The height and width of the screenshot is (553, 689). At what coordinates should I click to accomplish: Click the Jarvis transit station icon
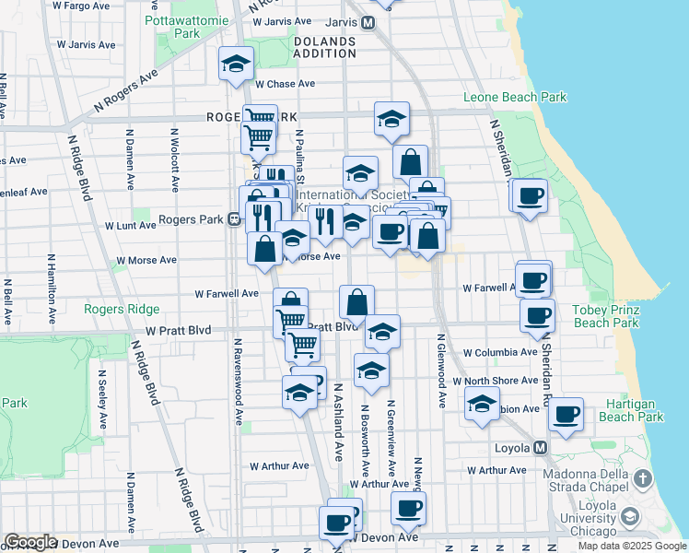pyautogui.click(x=368, y=22)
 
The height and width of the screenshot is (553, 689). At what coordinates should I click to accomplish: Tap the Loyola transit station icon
pyautogui.click(x=541, y=448)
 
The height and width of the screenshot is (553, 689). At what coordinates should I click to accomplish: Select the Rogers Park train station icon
pyautogui.click(x=235, y=220)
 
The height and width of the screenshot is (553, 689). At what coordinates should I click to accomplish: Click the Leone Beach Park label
pyautogui.click(x=514, y=97)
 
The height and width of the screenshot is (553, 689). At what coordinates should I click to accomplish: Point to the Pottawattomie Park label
pyautogui.click(x=187, y=25)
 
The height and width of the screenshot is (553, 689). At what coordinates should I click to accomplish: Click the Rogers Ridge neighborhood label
pyautogui.click(x=122, y=309)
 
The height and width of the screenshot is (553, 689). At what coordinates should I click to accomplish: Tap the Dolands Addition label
pyautogui.click(x=324, y=48)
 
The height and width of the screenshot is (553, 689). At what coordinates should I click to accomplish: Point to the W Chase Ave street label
pyautogui.click(x=286, y=84)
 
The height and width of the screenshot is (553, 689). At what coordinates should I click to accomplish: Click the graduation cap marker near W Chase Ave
pyautogui.click(x=236, y=64)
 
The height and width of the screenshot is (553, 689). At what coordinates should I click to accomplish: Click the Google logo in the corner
pyautogui.click(x=30, y=542)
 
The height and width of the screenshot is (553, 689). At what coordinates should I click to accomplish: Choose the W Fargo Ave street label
pyautogui.click(x=108, y=6)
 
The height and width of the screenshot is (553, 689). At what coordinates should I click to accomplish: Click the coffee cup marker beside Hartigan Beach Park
pyautogui.click(x=566, y=414)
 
